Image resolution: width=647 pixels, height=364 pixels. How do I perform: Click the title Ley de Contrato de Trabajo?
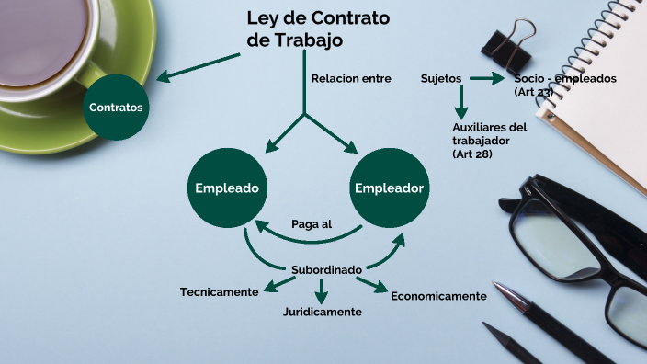317,29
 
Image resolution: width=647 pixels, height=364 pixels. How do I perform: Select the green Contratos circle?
116,108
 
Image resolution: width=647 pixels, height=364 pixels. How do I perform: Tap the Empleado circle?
226,188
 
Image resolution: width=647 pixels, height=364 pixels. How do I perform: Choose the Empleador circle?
389,188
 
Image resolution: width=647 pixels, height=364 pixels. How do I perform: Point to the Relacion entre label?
351,78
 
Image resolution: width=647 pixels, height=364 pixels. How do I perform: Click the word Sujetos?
441,78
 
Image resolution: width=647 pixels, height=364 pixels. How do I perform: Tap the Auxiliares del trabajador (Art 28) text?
489,140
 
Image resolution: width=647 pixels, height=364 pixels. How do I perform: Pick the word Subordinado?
326,269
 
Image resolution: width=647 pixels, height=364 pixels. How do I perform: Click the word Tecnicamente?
220,291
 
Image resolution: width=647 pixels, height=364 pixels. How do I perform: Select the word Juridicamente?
322,312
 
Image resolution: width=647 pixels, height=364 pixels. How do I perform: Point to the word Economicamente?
438,296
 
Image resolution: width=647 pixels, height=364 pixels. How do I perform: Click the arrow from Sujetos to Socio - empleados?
487,79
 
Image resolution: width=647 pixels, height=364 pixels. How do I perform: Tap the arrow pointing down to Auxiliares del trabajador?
461,102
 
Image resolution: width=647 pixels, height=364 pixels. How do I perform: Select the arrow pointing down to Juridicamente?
321,290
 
